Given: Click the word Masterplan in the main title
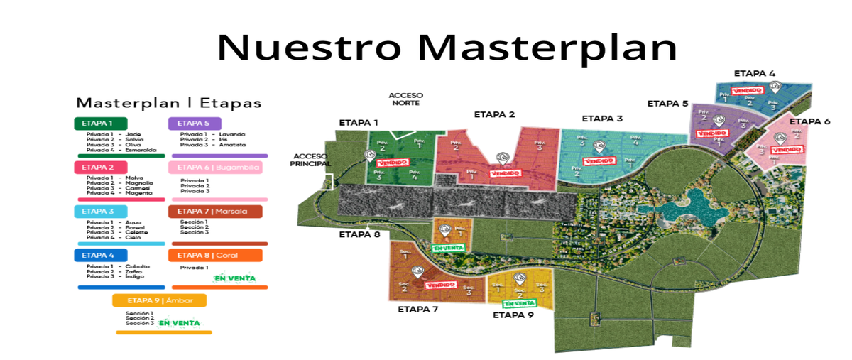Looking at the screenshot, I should [x=547, y=48].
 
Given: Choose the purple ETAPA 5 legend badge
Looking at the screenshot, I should [x=194, y=124].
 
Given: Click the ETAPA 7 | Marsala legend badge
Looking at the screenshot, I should [x=214, y=211].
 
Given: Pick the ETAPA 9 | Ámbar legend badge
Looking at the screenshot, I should [x=159, y=300].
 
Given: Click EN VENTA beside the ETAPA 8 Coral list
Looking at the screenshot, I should [x=234, y=278].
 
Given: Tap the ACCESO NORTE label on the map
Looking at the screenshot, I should [x=405, y=99].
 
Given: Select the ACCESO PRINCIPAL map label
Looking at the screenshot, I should [x=310, y=160].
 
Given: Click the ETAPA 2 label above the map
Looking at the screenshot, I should [x=494, y=114].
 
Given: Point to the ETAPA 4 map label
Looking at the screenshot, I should [x=754, y=73].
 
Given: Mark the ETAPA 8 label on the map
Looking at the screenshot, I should [x=359, y=234].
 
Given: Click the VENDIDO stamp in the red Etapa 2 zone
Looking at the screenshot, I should [x=504, y=173].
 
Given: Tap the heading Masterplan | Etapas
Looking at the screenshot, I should [x=169, y=103].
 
